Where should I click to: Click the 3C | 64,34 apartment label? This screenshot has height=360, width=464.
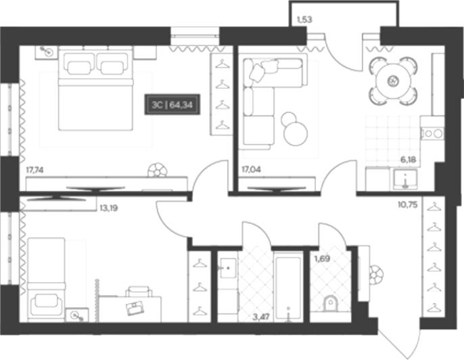[x=172, y=104]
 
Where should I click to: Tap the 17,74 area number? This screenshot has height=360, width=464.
[x=35, y=171]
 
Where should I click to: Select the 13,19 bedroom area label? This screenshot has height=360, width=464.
[x=109, y=208]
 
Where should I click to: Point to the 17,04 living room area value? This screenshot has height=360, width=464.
[x=251, y=169]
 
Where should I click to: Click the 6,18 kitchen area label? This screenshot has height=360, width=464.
[x=409, y=160]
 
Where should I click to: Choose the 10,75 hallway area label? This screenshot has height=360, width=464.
[x=408, y=205]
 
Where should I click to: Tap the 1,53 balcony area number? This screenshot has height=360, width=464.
[x=304, y=20]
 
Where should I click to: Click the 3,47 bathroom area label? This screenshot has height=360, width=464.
[x=261, y=317]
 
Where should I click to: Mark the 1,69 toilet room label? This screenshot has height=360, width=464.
[x=322, y=259]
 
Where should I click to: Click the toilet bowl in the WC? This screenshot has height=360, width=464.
[x=331, y=304]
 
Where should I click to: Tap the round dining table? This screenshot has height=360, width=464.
[x=394, y=81]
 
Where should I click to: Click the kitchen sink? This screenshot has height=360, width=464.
[x=405, y=179]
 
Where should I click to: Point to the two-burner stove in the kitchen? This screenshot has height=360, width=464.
[x=433, y=133]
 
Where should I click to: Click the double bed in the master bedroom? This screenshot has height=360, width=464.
[x=95, y=89]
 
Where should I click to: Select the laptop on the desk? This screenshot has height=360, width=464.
[x=135, y=308]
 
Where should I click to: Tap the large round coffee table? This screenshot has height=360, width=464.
[x=296, y=134]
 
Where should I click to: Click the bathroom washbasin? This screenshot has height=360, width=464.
[x=228, y=268]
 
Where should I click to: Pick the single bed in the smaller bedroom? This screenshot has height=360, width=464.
[x=47, y=279]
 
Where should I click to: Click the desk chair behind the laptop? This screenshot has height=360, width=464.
[x=139, y=291]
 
